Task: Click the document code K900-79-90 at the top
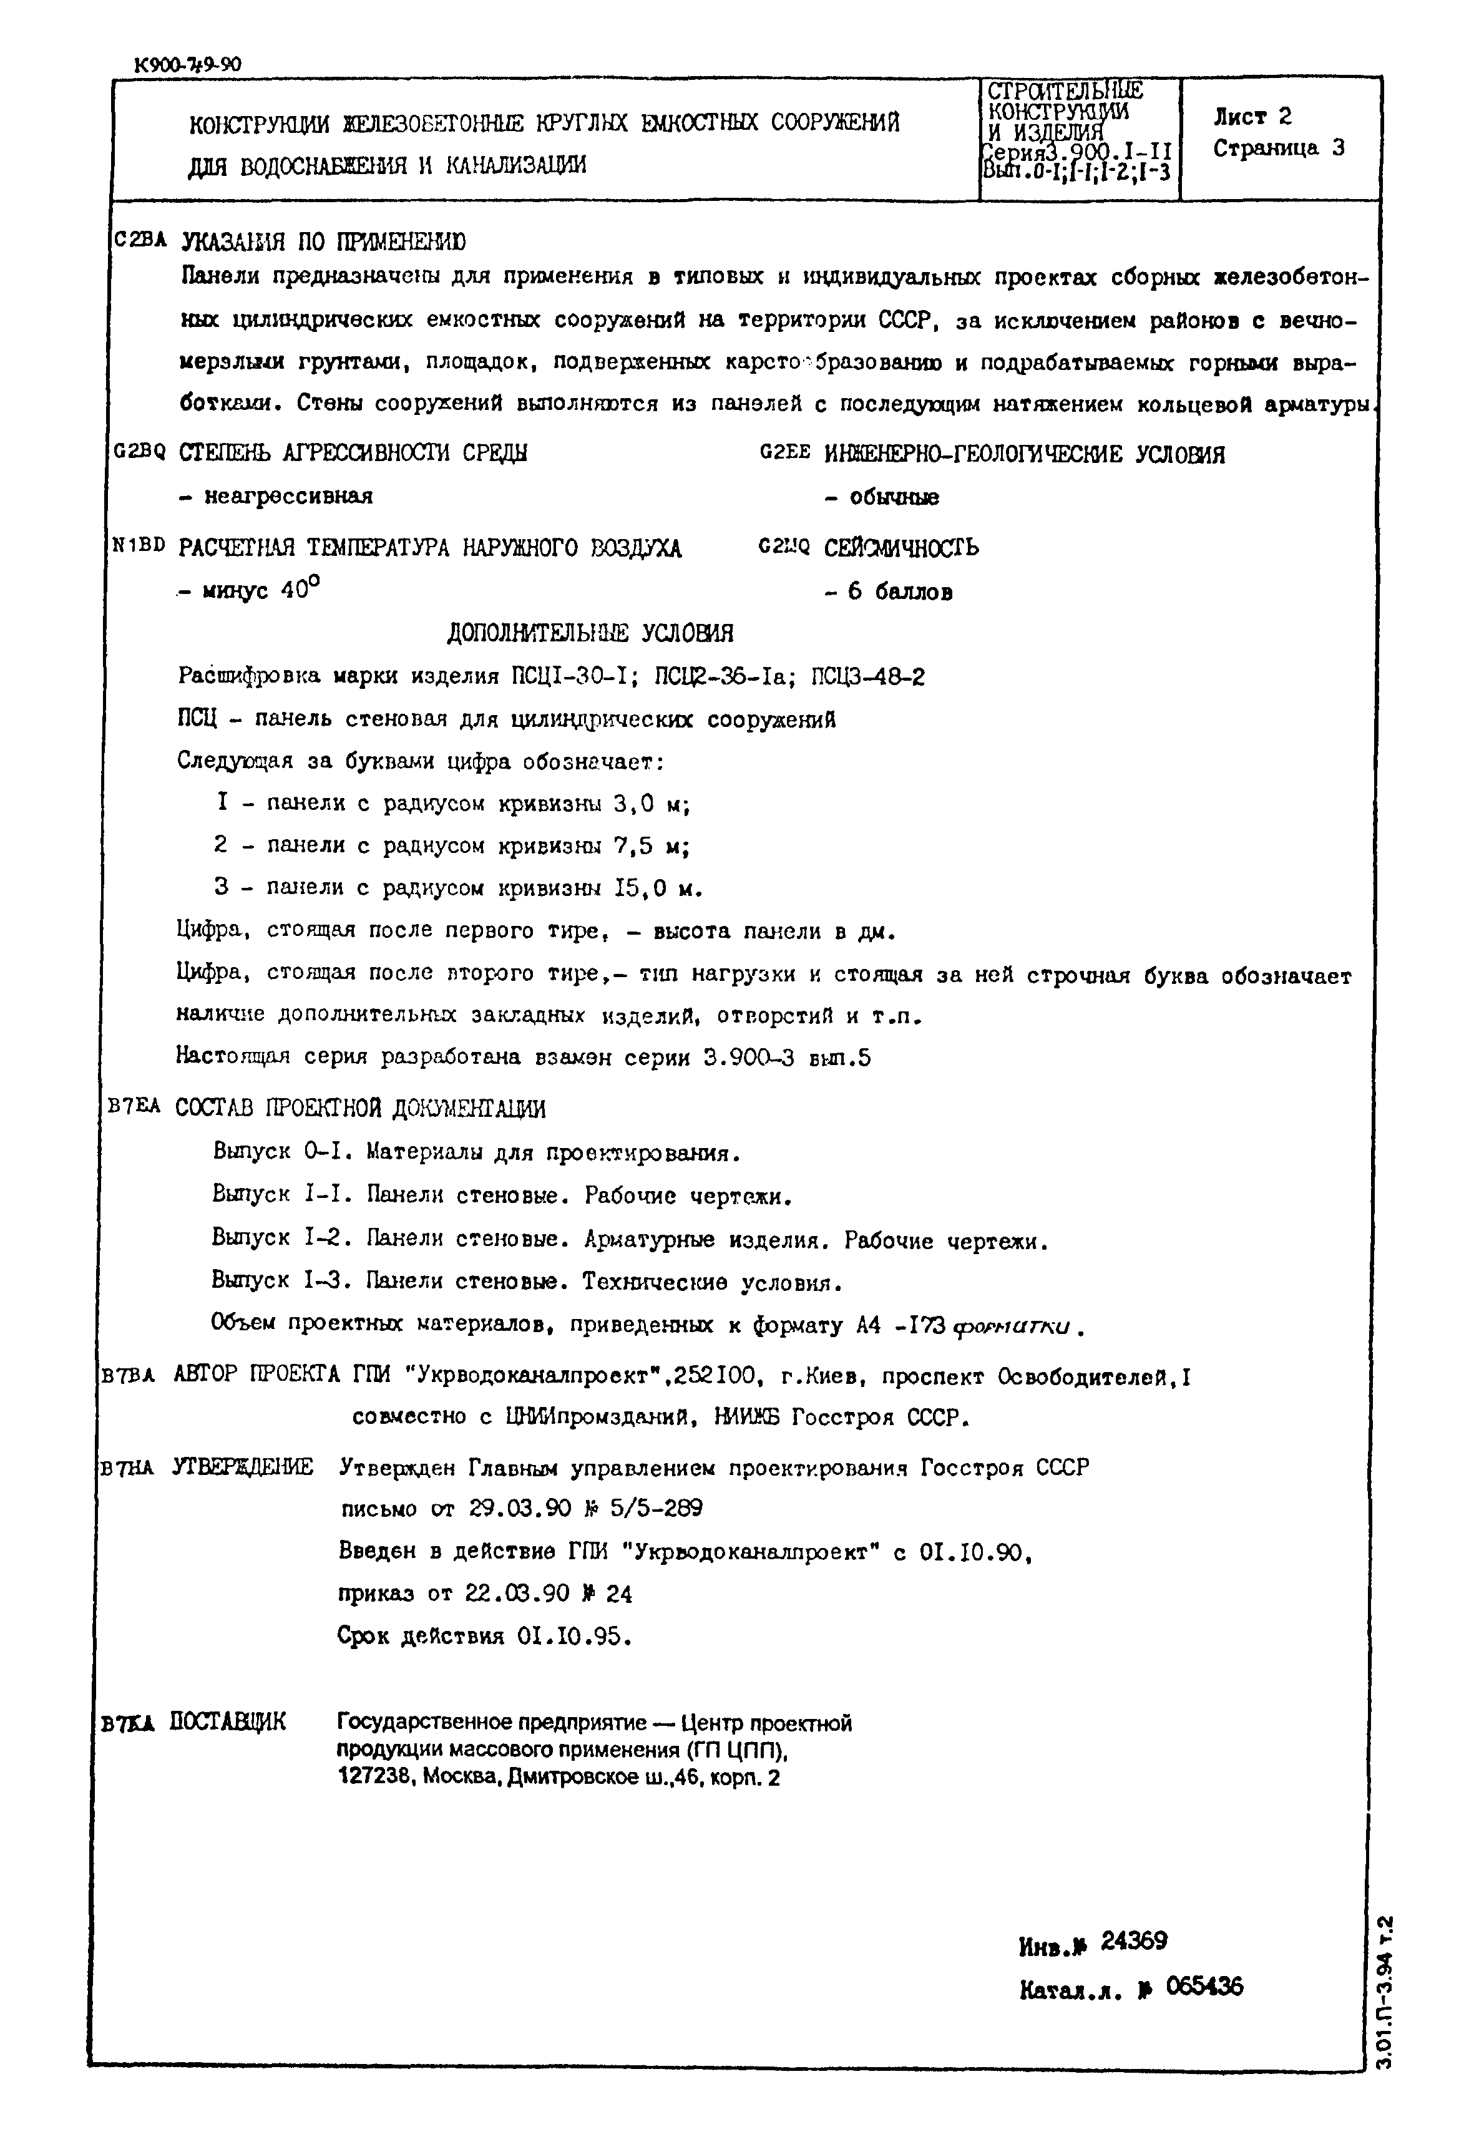(x=187, y=64)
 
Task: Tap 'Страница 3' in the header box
(x=1278, y=148)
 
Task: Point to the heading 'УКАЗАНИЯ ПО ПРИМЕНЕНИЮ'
(x=323, y=242)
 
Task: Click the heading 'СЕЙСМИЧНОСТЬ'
(x=901, y=548)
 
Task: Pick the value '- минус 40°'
(x=250, y=589)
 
